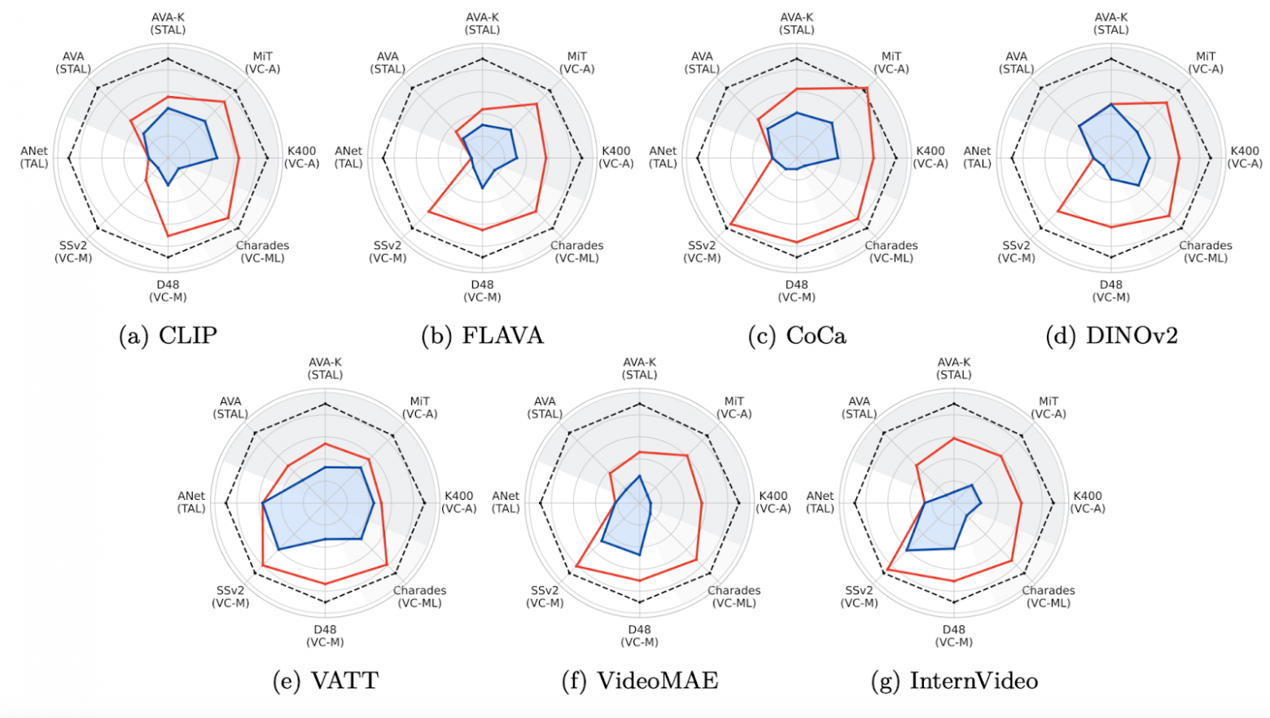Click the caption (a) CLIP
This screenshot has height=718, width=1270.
pos(169,335)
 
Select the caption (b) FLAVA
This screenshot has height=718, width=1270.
pos(482,335)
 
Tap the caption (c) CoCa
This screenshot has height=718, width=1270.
pos(797,335)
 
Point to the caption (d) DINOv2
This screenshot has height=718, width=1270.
pos(1111,335)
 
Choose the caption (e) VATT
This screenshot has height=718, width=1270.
pos(325,681)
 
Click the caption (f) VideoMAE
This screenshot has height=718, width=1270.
pos(640,681)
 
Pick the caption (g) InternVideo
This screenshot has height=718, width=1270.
pos(954,681)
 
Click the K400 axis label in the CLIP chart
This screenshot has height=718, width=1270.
pos(301,157)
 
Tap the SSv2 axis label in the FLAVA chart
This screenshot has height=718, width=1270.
pos(388,252)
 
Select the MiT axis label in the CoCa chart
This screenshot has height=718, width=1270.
pos(891,63)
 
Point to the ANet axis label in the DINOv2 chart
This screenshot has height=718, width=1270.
pos(977,157)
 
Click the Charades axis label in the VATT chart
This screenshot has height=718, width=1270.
pos(419,597)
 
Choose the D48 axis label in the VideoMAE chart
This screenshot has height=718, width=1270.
pos(640,636)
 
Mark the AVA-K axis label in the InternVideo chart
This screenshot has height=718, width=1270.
pos(954,369)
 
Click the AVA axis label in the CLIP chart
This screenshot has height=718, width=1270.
pos(73,63)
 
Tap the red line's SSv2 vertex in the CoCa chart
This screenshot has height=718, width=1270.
pos(730,224)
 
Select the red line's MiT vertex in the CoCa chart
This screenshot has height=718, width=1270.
pos(866,88)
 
